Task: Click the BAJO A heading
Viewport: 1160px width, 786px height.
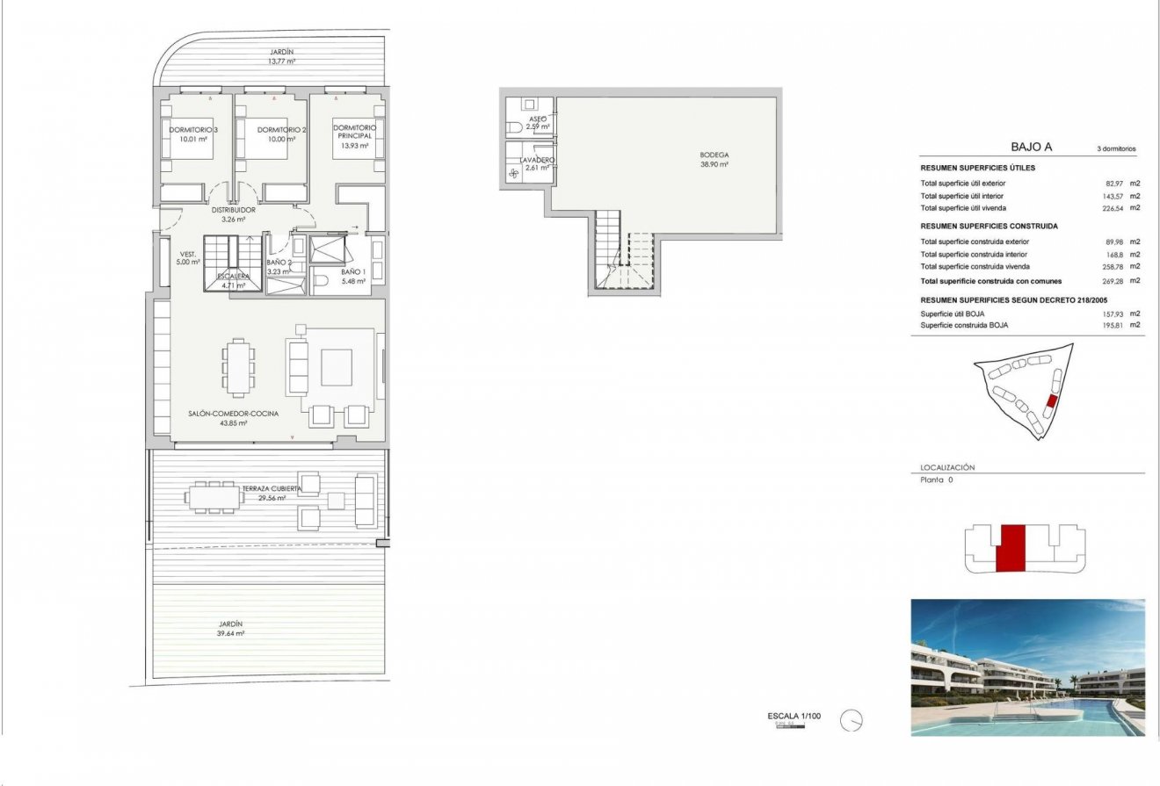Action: click(1032, 148)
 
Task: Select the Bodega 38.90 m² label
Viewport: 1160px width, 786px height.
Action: click(714, 160)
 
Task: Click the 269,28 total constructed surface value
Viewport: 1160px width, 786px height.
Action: click(1116, 281)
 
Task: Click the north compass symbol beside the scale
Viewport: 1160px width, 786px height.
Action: click(851, 721)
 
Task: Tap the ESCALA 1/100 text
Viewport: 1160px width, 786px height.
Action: click(794, 717)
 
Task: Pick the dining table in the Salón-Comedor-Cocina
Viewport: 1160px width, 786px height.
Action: click(239, 368)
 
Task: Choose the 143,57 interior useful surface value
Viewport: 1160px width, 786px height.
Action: click(1116, 196)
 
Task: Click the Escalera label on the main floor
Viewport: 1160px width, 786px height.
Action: click(235, 280)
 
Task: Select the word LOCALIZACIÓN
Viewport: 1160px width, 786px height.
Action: click(947, 468)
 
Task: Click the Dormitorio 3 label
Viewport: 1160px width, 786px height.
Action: click(193, 134)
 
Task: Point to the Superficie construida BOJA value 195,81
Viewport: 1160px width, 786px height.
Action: click(1116, 325)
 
